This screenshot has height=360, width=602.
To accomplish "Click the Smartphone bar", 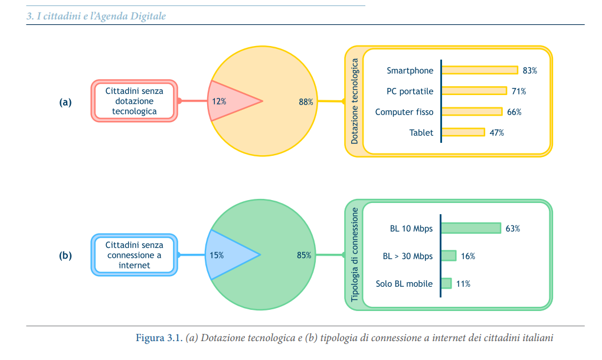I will click(x=480, y=70).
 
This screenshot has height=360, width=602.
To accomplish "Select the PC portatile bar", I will click(x=475, y=91).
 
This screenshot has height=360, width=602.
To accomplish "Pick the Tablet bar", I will click(x=463, y=132).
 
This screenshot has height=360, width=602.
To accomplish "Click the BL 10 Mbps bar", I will click(x=471, y=228).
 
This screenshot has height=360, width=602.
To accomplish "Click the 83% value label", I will click(x=529, y=70).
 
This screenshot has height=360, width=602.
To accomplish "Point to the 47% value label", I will click(x=496, y=133).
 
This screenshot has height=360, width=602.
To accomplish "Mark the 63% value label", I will click(x=512, y=228).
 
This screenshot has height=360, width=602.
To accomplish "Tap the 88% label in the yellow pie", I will click(x=306, y=102).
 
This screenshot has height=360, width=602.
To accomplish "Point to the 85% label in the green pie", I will click(x=304, y=256).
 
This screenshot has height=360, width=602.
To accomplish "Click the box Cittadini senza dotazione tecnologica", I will click(x=135, y=101).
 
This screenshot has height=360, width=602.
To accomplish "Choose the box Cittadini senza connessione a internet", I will click(x=135, y=255).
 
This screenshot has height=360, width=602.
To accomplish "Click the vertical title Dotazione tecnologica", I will click(x=355, y=101).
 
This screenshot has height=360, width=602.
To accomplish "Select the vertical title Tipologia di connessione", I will click(x=355, y=254).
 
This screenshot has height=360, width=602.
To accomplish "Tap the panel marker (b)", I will click(x=66, y=256).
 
